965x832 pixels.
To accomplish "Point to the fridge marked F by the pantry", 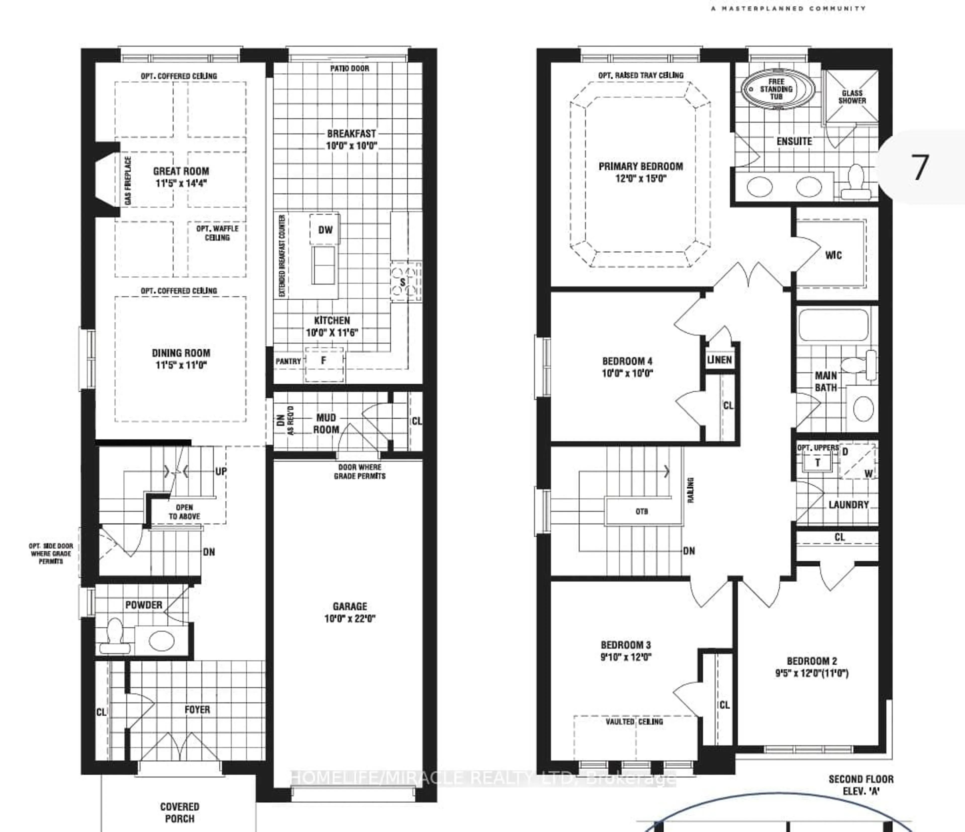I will [x=324, y=360].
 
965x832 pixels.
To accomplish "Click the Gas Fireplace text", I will [x=128, y=181].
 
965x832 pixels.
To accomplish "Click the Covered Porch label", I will [x=179, y=812].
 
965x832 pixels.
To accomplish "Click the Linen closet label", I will [x=719, y=360].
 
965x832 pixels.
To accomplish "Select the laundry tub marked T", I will [x=817, y=463].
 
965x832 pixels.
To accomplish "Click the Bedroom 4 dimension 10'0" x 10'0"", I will [x=627, y=373].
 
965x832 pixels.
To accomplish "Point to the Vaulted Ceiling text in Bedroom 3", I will [x=634, y=722].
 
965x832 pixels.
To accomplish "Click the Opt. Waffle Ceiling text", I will [x=217, y=233].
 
